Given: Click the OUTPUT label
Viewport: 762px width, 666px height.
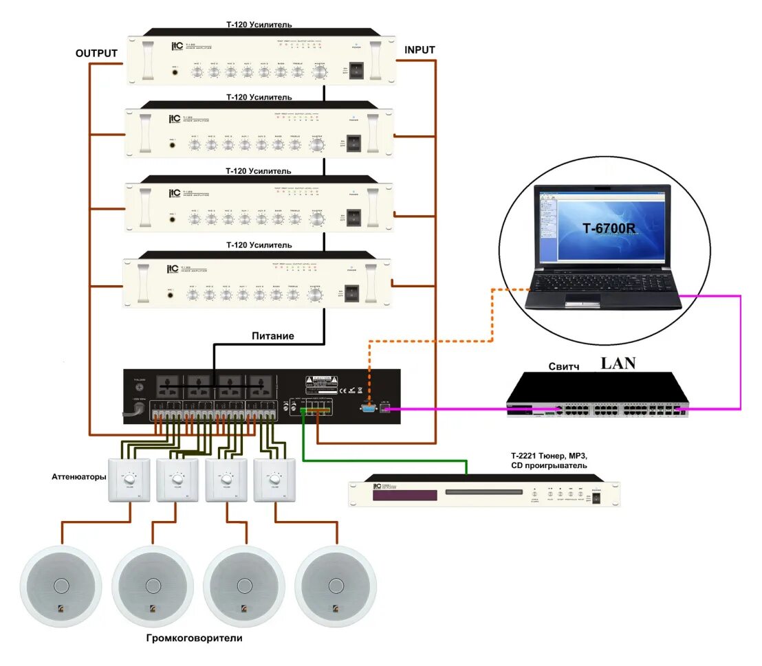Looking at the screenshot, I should [x=96, y=54].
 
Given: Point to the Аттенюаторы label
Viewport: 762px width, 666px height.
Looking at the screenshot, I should [x=78, y=476].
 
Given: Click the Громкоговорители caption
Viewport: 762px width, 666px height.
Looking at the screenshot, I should [x=195, y=638].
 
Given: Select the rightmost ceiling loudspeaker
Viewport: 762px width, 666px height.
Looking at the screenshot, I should [x=336, y=586].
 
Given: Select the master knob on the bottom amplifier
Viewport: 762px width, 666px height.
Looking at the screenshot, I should [x=315, y=296].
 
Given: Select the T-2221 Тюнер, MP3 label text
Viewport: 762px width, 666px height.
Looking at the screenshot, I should [x=548, y=456].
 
